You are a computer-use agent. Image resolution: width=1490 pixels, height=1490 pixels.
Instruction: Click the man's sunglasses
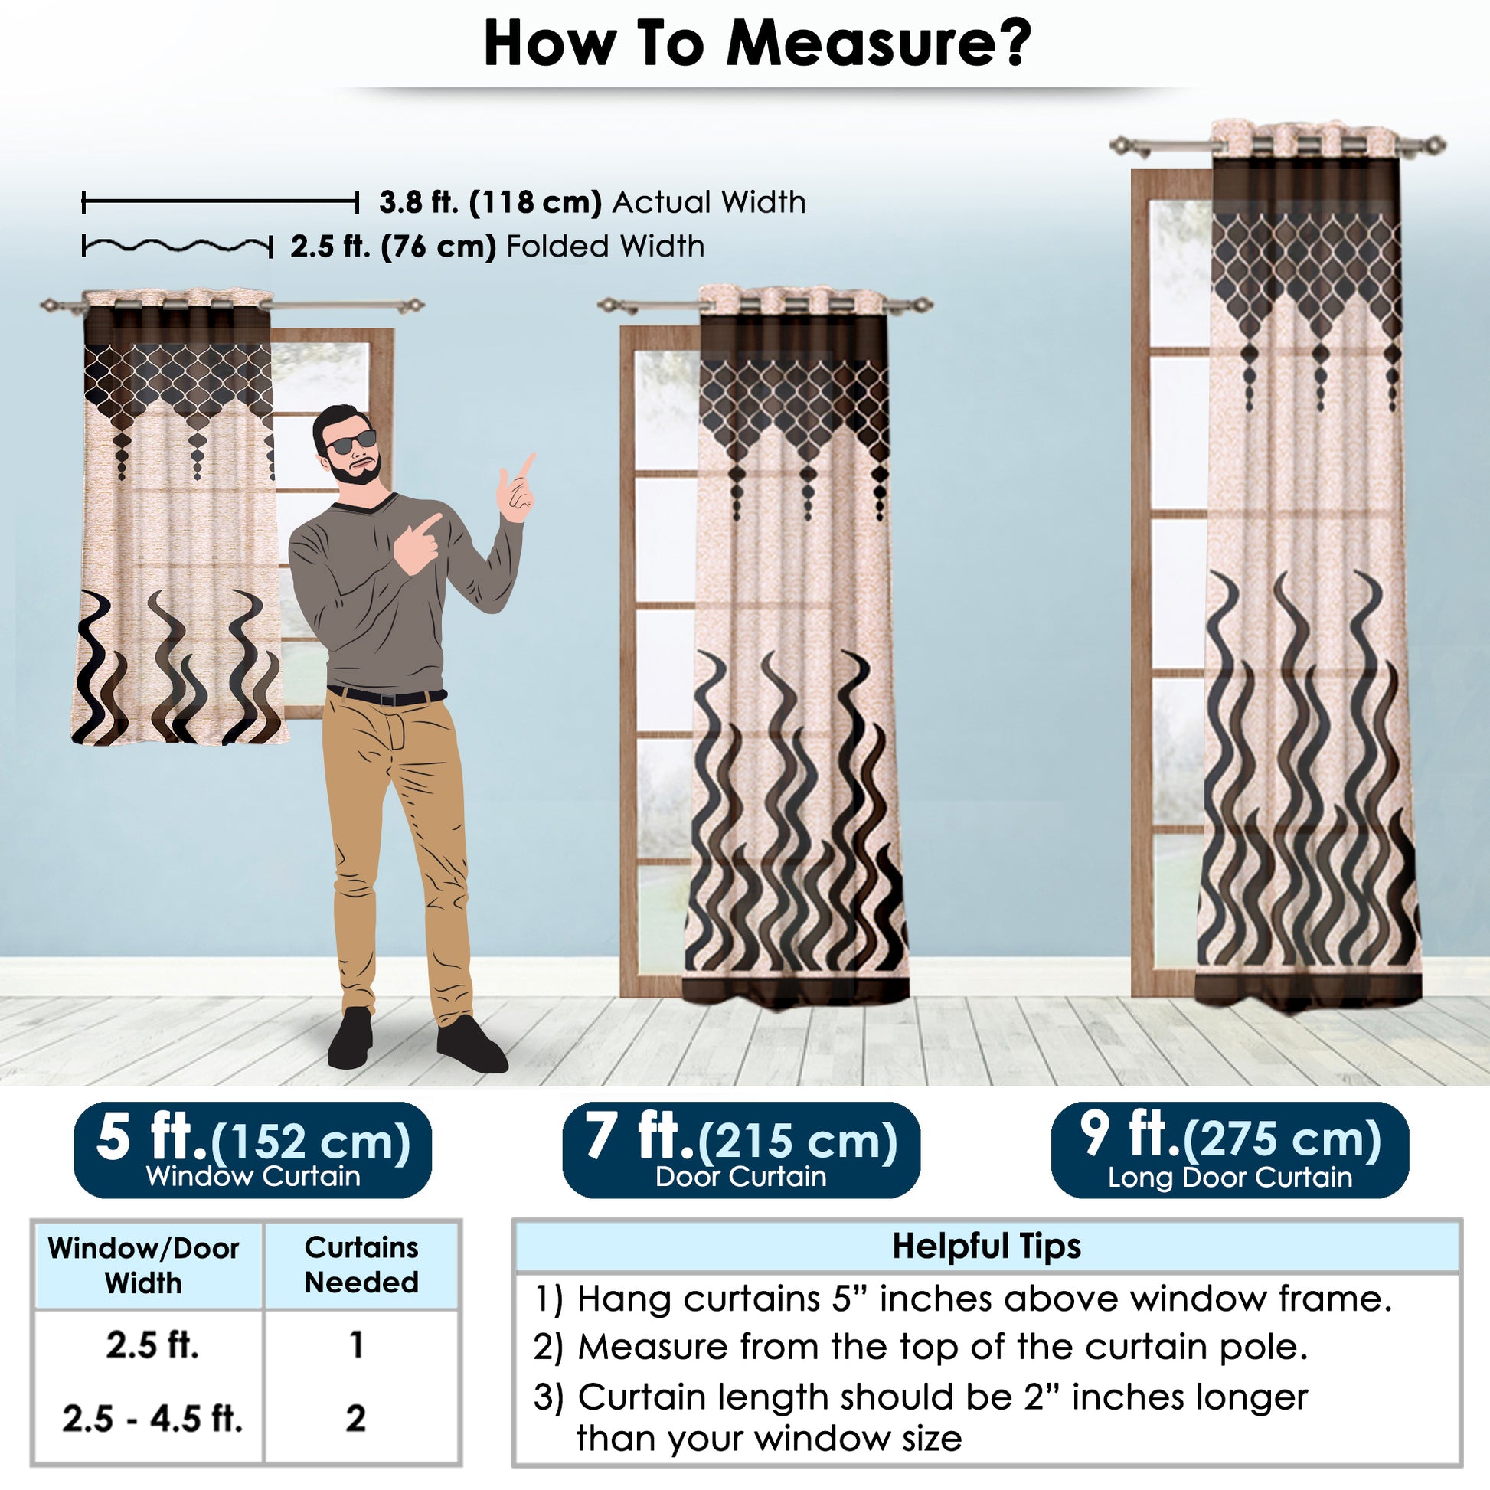(351, 442)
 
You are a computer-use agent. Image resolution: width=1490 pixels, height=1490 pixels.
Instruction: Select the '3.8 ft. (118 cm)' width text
(490, 202)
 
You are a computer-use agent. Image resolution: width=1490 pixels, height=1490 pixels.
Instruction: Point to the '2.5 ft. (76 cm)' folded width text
(394, 247)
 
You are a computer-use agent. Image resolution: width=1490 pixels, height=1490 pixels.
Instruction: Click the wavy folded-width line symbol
(178, 247)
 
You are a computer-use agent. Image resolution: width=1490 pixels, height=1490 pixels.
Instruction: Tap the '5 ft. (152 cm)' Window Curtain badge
(252, 1150)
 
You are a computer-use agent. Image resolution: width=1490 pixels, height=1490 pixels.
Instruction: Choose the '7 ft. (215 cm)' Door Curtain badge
(741, 1150)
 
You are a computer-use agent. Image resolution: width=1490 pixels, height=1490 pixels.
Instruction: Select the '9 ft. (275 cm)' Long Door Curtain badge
(1230, 1150)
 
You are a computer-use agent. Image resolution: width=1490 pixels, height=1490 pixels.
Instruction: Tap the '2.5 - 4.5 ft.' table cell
(152, 1418)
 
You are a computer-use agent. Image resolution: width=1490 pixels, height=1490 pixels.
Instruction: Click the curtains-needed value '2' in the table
(355, 1418)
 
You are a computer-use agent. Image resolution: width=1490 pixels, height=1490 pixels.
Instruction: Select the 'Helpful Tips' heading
(986, 1247)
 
